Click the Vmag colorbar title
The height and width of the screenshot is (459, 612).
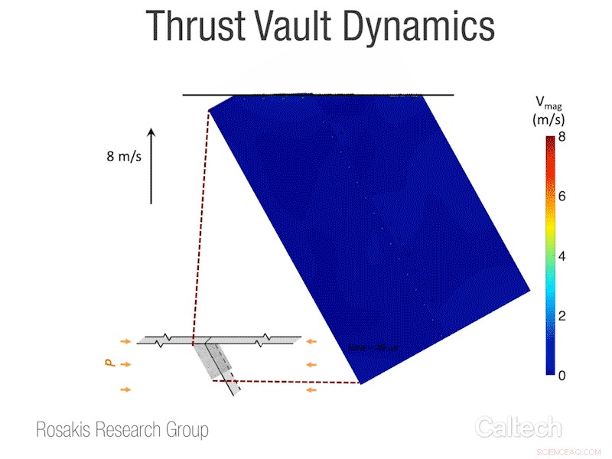click(x=548, y=103)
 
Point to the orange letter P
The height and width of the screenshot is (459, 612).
click(x=109, y=365)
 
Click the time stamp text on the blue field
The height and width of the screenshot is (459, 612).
click(x=373, y=348)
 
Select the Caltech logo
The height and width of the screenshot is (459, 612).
click(x=518, y=427)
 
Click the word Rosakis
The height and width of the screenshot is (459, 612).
click(x=64, y=430)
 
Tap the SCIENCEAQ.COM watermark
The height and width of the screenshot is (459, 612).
click(x=566, y=451)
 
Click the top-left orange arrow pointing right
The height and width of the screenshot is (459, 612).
click(x=125, y=341)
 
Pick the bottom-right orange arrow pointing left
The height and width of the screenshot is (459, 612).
click(x=311, y=390)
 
